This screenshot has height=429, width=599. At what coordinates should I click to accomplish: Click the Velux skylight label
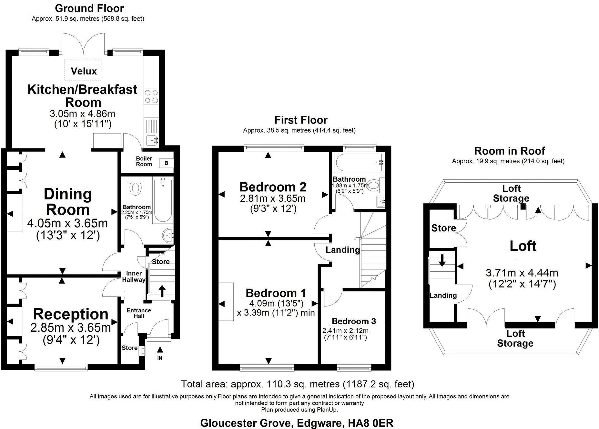pyautogui.click(x=84, y=71)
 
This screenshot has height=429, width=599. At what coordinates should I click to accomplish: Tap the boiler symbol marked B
pyautogui.click(x=166, y=163)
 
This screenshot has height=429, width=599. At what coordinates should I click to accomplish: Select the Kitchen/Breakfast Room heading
pyautogui.click(x=83, y=96)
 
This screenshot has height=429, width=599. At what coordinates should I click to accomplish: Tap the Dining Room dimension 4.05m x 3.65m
pyautogui.click(x=67, y=223)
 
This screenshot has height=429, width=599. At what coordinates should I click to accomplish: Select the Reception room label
pyautogui.click(x=70, y=314)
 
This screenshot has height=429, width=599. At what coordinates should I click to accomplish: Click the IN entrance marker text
pyautogui.click(x=160, y=358)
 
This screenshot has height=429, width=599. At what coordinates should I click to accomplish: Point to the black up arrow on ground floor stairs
pyautogui.click(x=162, y=291)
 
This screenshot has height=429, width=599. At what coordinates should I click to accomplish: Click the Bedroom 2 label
pyautogui.click(x=273, y=187)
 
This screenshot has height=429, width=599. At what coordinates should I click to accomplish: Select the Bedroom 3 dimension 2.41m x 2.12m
pyautogui.click(x=345, y=331)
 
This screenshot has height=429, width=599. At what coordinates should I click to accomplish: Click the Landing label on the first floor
pyautogui.click(x=342, y=250)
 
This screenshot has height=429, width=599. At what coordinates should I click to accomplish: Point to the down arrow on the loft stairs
pyautogui.click(x=442, y=260)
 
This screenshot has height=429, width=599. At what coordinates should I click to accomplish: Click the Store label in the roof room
pyautogui.click(x=443, y=228)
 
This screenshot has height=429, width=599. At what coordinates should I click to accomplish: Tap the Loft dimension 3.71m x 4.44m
pyautogui.click(x=522, y=273)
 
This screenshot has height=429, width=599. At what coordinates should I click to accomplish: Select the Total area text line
pyautogui.click(x=297, y=384)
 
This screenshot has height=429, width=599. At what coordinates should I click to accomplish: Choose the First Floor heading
pyautogui.click(x=301, y=120)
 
